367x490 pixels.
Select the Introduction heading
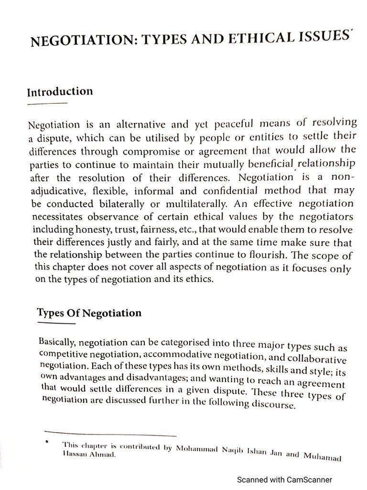[x=60, y=91]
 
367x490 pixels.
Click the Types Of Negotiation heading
[x=89, y=313]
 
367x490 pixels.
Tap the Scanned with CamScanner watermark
[x=285, y=479]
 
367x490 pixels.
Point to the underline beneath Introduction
[x=48, y=103]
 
